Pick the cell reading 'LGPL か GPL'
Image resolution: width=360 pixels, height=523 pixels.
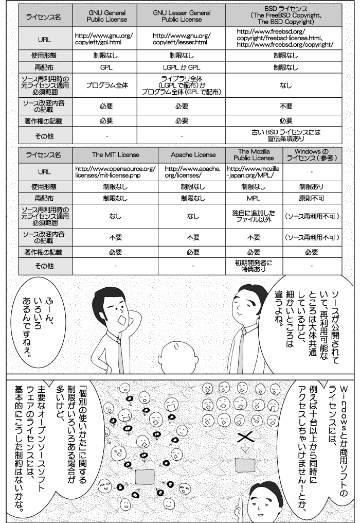click(x=182, y=67)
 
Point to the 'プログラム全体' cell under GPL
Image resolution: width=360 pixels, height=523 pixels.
click(x=106, y=85)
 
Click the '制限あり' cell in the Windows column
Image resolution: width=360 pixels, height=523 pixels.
click(x=312, y=186)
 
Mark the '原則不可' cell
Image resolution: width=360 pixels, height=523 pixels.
click(x=312, y=198)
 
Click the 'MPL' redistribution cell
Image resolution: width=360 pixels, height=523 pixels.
click(x=254, y=198)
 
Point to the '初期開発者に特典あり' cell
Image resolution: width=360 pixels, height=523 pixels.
click(x=254, y=266)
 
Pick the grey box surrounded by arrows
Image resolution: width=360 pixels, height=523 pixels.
click(x=145, y=476)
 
